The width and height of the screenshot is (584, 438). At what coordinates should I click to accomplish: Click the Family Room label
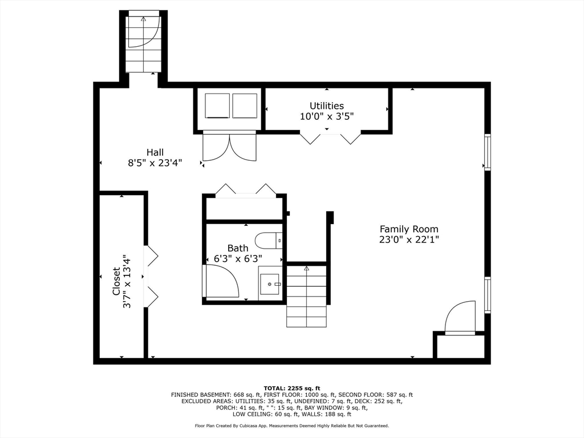(x=409, y=229)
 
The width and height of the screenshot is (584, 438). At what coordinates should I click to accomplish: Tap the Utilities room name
(x=327, y=106)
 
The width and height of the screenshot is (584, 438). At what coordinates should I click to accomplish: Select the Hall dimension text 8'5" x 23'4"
(x=155, y=163)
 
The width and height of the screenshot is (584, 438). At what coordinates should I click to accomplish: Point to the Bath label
(x=238, y=248)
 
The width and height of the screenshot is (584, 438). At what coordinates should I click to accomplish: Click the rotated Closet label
(x=116, y=281)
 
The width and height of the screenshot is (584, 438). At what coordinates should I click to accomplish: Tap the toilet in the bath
(x=269, y=241)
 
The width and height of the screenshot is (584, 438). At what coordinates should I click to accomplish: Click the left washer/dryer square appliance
(x=217, y=106)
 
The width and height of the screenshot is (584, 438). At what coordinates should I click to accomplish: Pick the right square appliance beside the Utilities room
(x=245, y=106)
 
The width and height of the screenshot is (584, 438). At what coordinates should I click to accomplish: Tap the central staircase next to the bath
(x=306, y=296)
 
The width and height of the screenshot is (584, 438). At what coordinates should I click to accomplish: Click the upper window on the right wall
(x=487, y=152)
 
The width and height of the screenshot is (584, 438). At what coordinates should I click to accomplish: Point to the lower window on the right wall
(x=487, y=295)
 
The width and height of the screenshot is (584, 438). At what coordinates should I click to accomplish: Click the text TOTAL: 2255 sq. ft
(x=292, y=388)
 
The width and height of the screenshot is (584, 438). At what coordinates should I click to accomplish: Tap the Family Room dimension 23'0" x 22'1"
(x=409, y=240)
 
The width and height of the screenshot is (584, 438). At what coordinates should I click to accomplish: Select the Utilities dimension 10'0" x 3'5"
(x=327, y=116)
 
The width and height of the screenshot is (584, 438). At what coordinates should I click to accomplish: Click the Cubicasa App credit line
(x=292, y=425)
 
